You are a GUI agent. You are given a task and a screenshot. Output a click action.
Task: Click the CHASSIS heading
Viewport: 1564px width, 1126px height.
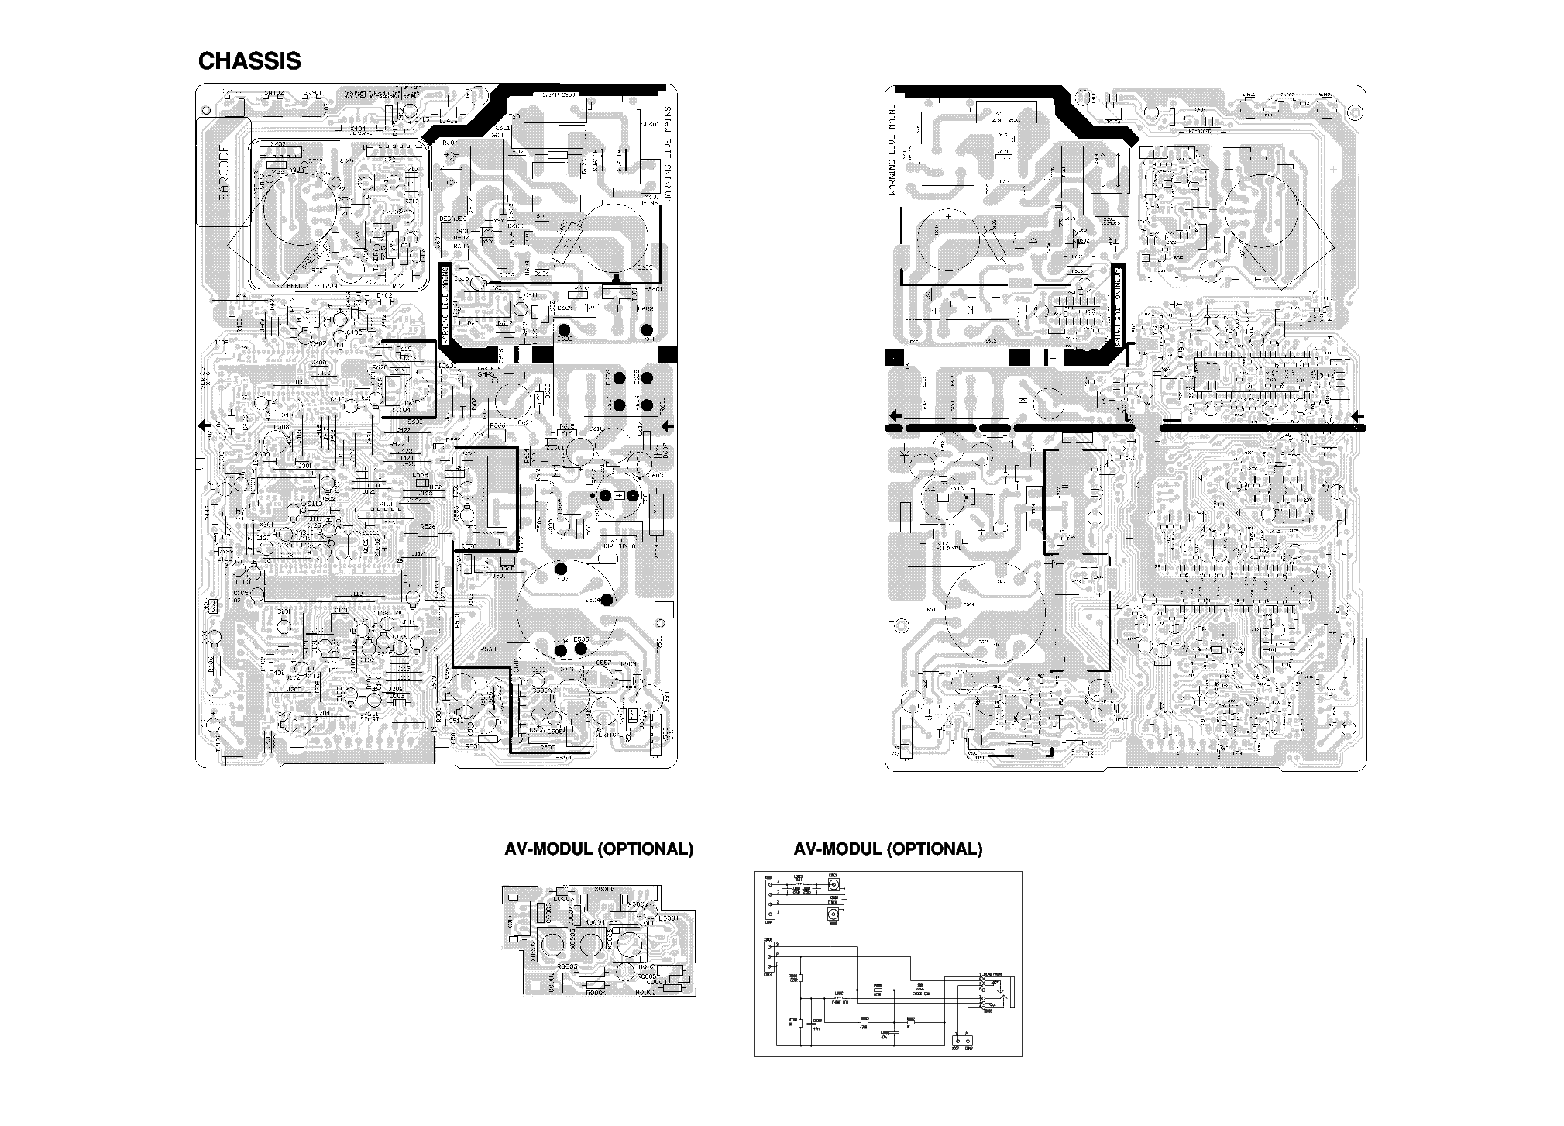click(x=249, y=61)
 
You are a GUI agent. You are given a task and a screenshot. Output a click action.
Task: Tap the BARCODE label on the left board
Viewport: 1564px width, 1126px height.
click(x=223, y=172)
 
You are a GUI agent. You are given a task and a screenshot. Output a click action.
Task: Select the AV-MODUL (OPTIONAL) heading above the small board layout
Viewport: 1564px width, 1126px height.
click(x=599, y=849)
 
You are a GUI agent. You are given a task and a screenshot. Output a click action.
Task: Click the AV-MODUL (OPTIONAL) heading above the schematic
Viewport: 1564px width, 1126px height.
click(x=888, y=849)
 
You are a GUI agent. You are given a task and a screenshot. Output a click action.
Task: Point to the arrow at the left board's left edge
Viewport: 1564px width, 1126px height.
click(x=205, y=425)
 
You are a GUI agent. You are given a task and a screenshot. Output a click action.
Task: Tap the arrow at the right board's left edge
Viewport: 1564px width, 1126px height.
click(x=894, y=414)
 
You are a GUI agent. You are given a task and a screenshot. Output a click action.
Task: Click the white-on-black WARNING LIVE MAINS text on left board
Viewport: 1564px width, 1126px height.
click(x=445, y=303)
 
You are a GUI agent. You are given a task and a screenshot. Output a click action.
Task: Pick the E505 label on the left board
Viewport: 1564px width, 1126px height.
click(x=582, y=639)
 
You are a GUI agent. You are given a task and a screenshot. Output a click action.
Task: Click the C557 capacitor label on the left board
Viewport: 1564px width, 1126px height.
click(x=604, y=663)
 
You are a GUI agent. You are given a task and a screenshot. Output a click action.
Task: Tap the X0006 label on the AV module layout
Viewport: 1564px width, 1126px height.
click(x=604, y=890)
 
